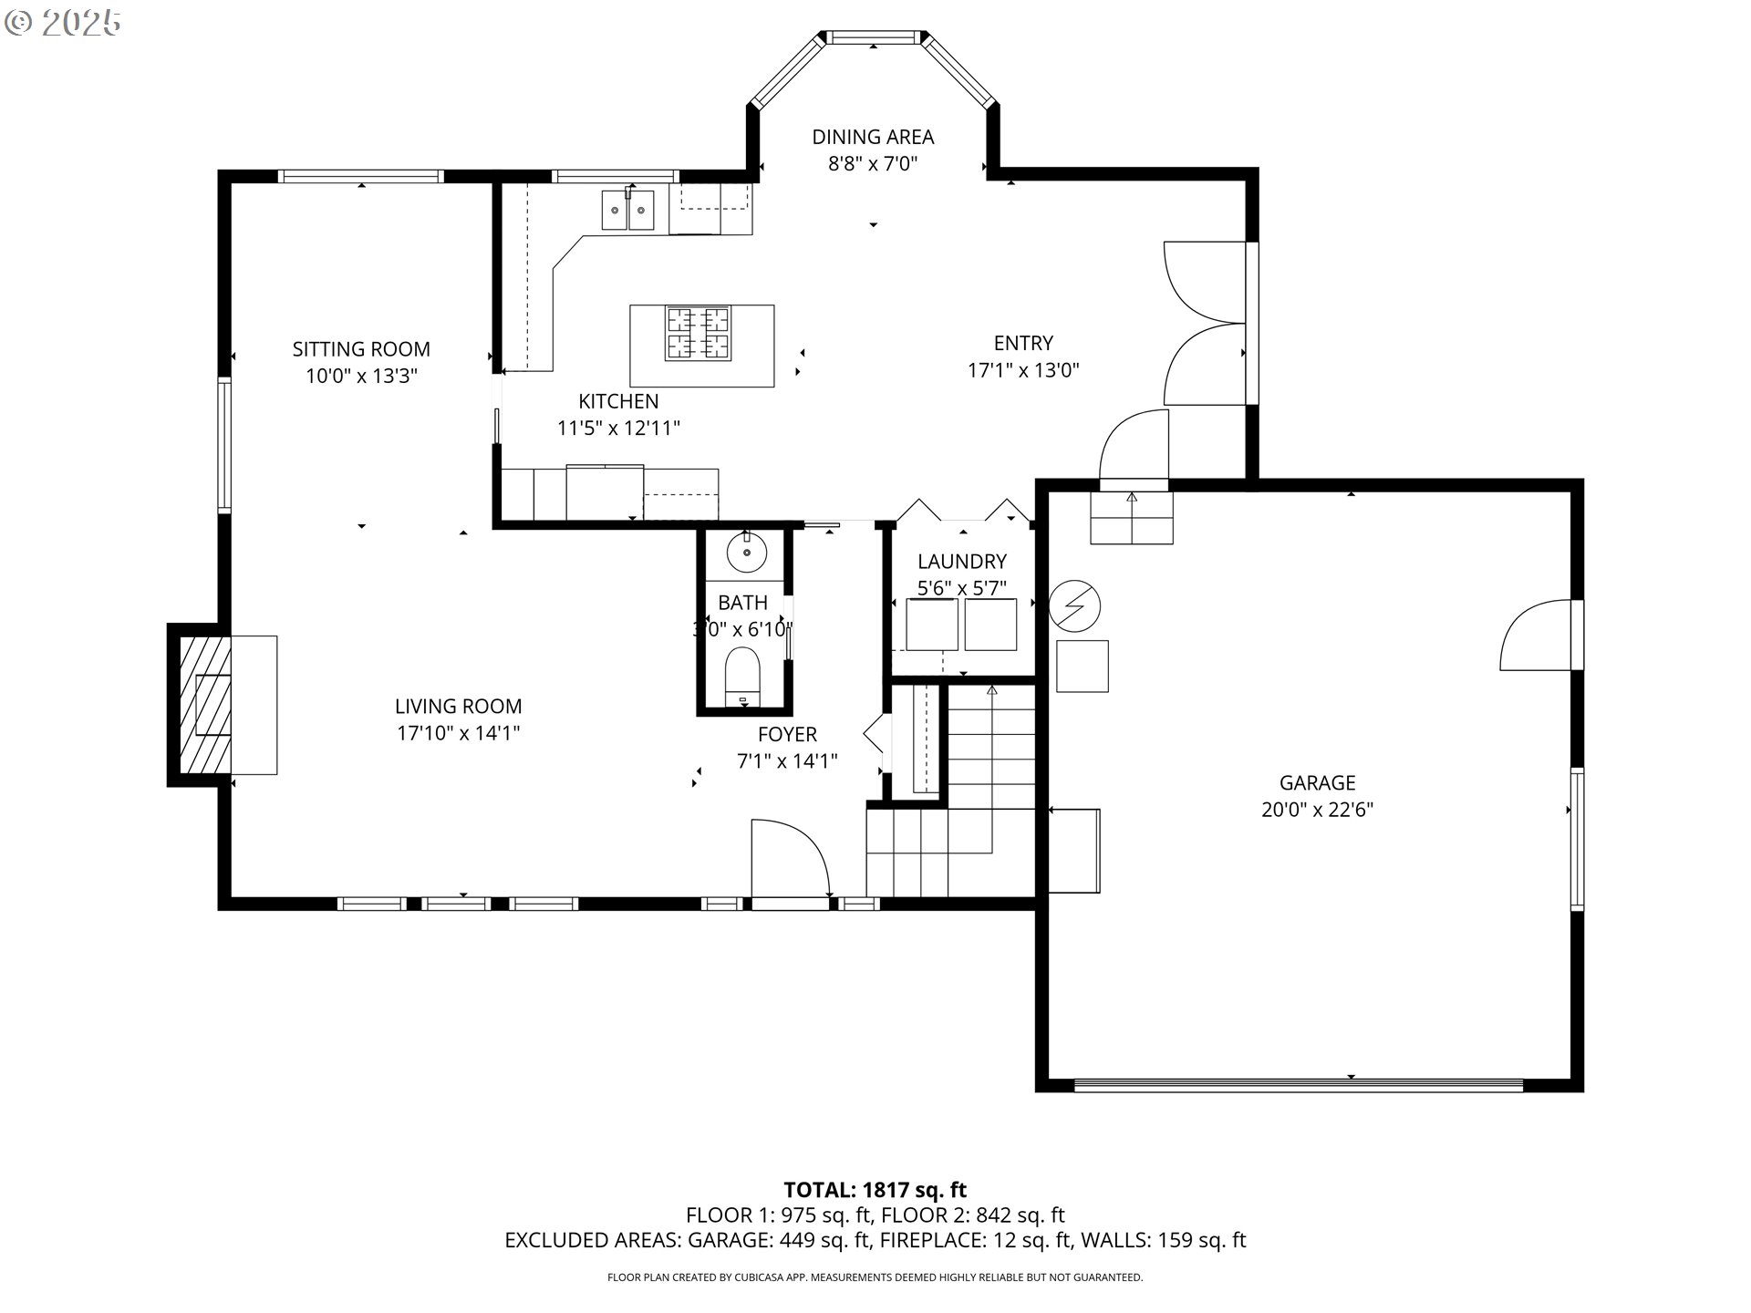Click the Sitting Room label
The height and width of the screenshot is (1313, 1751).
361,348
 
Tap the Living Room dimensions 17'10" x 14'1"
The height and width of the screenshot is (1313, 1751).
459,732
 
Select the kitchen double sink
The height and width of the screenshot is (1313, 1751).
627,211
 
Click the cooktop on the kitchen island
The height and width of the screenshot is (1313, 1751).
698,333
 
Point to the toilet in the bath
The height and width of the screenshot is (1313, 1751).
742,677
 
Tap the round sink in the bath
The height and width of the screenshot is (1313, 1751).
747,553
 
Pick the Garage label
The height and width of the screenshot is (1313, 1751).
1317,782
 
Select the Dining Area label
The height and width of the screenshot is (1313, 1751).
873,137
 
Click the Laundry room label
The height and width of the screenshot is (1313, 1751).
962,561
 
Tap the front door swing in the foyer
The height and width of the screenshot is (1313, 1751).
790,858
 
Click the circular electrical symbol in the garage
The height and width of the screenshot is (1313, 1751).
1075,605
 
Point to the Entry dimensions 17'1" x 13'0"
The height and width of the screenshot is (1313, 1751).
1023,369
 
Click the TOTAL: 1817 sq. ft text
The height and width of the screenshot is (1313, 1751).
875,1189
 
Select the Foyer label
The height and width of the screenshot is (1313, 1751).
787,734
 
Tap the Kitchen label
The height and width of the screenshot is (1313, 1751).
618,400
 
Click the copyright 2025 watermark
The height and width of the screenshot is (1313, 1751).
63,23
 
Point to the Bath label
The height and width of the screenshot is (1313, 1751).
742,603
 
